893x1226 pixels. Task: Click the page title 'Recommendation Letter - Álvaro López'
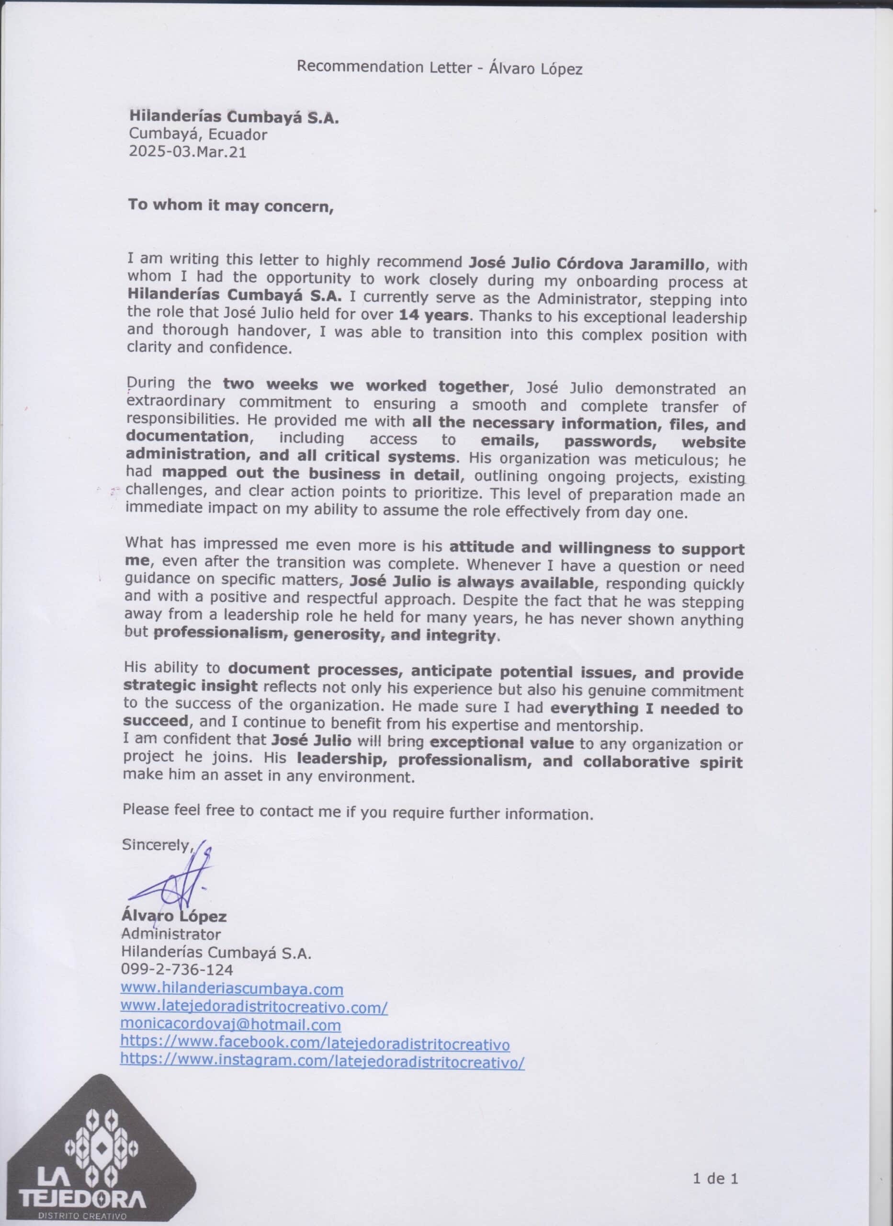440,68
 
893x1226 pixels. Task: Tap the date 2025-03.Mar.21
187,152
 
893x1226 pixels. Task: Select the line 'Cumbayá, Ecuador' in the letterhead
197,134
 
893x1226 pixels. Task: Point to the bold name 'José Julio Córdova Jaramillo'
587,264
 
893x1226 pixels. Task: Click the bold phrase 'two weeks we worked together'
365,386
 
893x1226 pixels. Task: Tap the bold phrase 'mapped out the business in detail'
311,474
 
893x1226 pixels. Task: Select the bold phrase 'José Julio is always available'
471,582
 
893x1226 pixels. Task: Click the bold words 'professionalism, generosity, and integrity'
324,634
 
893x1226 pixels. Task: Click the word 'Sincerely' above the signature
156,845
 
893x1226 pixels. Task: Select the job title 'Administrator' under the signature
171,933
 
